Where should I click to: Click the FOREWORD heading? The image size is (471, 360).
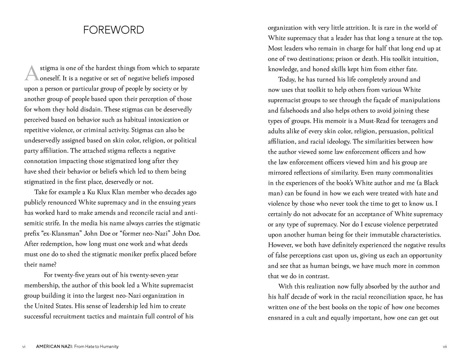point(114,30)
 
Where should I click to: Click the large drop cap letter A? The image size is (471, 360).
point(31,73)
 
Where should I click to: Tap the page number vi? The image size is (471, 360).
point(24,346)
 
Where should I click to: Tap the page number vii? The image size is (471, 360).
point(445,346)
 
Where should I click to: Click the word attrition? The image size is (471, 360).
point(353,28)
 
